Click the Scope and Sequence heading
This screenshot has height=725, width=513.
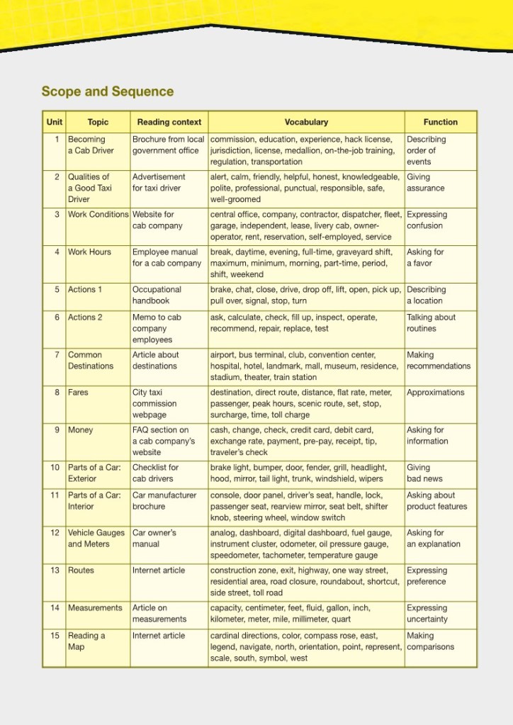[x=107, y=91]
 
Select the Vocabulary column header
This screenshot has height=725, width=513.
[x=306, y=122]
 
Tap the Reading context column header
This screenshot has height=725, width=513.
[x=169, y=122]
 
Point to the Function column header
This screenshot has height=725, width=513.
[x=440, y=122]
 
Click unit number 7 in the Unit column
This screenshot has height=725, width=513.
[x=57, y=355]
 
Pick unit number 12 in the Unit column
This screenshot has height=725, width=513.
[x=55, y=533]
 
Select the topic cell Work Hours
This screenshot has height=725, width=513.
[x=89, y=252]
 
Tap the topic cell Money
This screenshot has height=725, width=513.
[x=80, y=430]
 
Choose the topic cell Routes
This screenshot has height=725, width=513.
[x=81, y=571]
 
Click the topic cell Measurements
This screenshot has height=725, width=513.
[x=95, y=608]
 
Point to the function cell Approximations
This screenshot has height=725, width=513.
[x=435, y=393]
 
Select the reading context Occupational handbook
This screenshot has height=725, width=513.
[x=157, y=295]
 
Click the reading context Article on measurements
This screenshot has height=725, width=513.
[x=159, y=613]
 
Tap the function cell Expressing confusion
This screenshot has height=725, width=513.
[x=427, y=220]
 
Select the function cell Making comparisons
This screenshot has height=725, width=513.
[x=430, y=641]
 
